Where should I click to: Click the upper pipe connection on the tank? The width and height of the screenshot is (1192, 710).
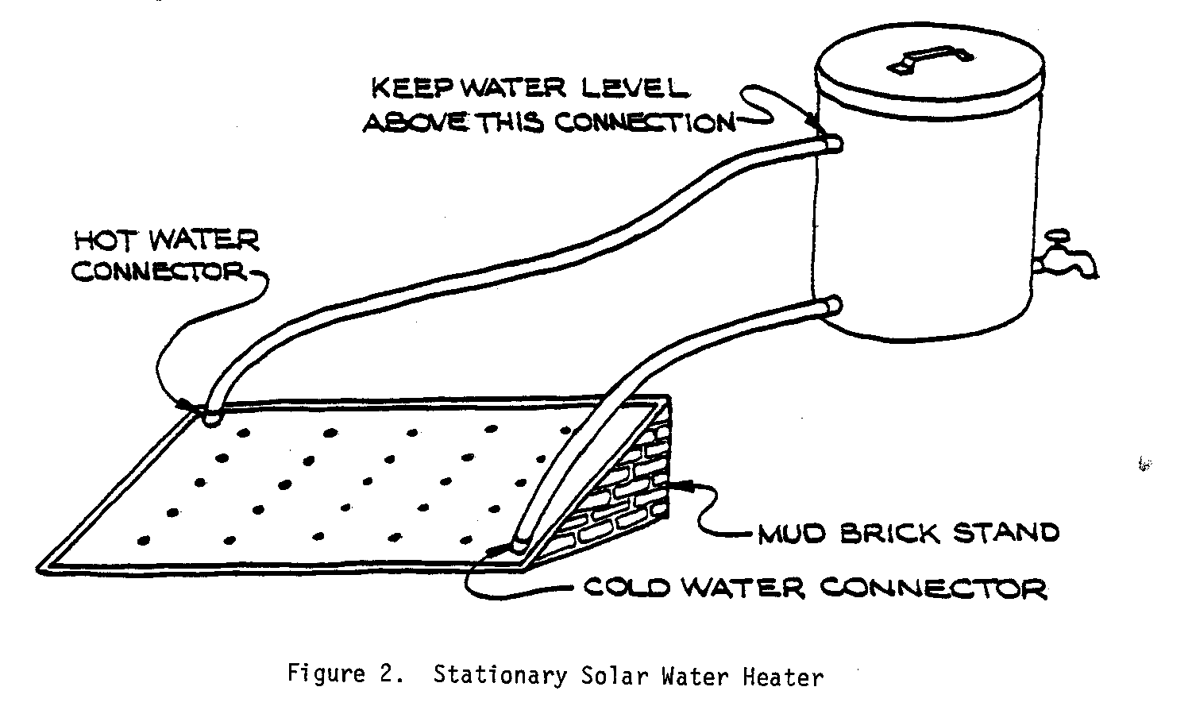pyautogui.click(x=831, y=143)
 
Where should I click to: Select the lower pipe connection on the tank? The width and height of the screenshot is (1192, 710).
pyautogui.click(x=832, y=305)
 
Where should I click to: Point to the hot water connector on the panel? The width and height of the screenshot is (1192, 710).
pyautogui.click(x=210, y=415)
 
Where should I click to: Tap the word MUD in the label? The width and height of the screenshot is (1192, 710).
pyautogui.click(x=791, y=533)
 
